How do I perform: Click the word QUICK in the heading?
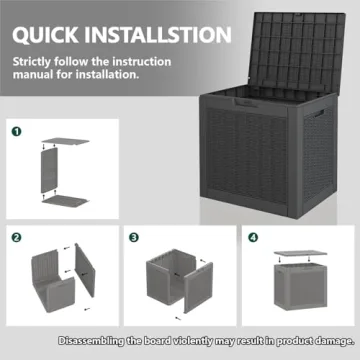click(x=45, y=35)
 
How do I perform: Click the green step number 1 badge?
click(x=17, y=131)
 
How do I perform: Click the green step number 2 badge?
click(x=17, y=237)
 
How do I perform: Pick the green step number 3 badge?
click(x=133, y=237)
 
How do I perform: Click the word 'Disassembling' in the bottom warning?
click(x=94, y=342)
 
